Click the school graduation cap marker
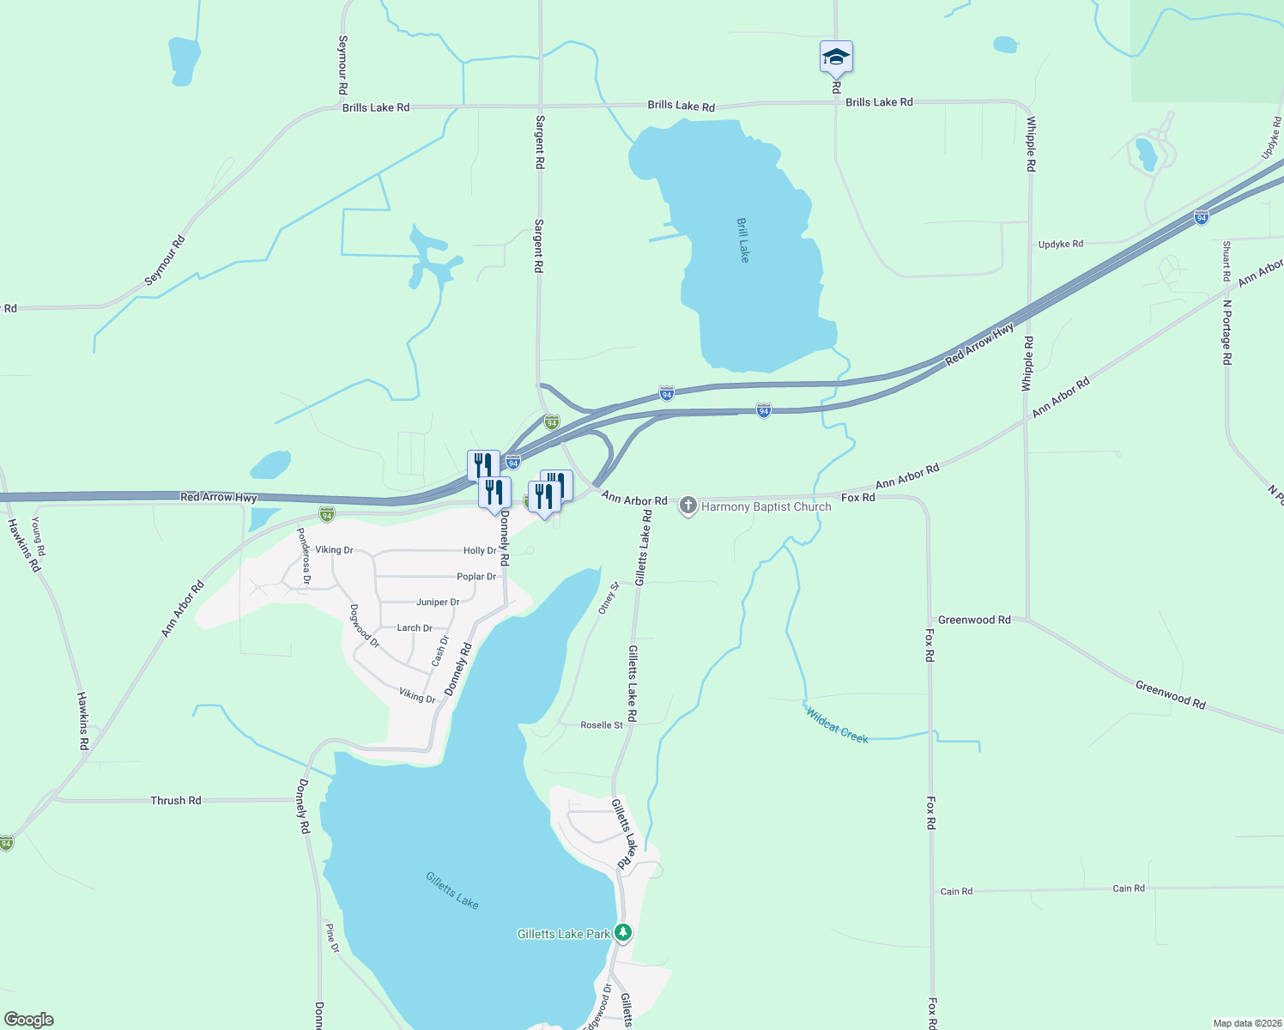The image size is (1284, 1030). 836,58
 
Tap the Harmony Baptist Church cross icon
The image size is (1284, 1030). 687,506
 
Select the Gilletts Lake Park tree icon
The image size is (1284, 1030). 624,932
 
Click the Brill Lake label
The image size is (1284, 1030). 743,239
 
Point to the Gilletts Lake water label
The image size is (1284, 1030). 452,890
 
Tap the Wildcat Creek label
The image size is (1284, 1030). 837,724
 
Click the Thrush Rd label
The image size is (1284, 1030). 176,800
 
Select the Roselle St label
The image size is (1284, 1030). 602,725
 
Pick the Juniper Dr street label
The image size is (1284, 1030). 438,603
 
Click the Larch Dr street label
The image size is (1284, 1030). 415,628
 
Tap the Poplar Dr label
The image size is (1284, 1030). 476,577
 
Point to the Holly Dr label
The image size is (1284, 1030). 480,551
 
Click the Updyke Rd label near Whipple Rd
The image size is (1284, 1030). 1061,245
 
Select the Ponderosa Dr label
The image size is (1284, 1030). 303,556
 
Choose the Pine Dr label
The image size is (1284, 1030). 332,938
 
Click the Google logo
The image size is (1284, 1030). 29,1020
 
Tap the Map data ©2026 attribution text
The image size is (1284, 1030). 1245,1023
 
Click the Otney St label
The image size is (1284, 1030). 608,597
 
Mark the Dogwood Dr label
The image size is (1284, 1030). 364,626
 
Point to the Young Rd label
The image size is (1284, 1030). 38,536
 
